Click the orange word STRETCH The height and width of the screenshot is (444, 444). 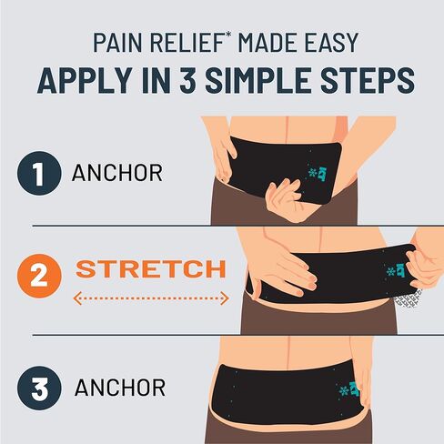tap(150, 269)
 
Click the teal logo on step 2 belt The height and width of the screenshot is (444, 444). tap(399, 270)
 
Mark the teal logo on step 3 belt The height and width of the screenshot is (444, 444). tap(349, 389)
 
